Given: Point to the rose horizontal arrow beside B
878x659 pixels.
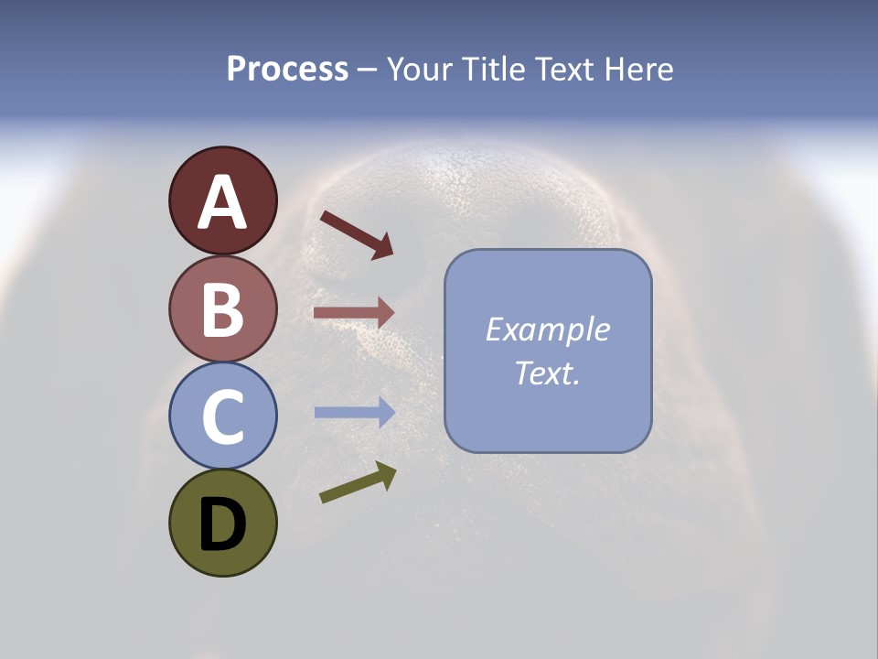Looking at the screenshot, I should pos(354,313).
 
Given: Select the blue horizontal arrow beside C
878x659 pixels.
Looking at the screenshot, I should pos(354,413).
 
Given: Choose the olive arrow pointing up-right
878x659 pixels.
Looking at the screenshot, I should pos(358,482).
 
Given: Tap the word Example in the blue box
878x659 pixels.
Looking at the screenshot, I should pos(547,329).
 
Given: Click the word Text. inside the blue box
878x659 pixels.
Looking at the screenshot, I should pos(547,373).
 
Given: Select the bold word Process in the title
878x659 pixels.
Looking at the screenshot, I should pos(287,69).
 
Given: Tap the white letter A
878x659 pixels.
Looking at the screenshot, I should pos(222,203).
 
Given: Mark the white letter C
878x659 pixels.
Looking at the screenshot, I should pos(222,417).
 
